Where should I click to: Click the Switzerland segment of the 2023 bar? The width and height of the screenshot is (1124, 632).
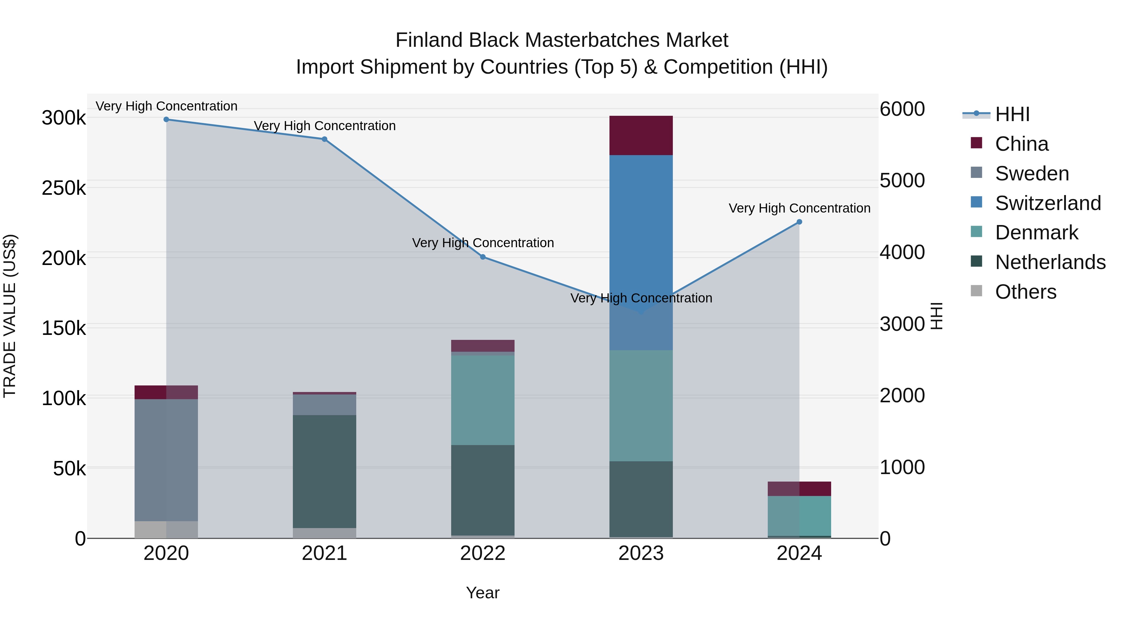point(641,227)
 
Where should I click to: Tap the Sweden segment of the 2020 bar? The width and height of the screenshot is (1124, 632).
point(166,460)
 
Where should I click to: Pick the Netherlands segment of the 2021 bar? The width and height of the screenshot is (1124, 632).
point(324,471)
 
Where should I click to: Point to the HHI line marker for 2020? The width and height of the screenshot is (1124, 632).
point(166,120)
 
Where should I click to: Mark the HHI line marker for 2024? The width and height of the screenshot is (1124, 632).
point(799,222)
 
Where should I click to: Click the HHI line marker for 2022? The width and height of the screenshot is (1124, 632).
point(483,257)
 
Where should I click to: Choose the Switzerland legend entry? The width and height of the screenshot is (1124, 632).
point(1048,203)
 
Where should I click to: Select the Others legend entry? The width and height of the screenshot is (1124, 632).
point(1025,292)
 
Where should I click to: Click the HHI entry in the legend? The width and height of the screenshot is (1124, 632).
point(1012,114)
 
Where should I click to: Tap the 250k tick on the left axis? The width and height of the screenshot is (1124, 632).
point(64,189)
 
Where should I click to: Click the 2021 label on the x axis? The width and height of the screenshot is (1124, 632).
point(324,553)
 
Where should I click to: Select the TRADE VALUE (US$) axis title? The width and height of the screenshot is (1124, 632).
point(10,316)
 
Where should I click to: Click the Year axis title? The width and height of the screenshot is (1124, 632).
point(483,593)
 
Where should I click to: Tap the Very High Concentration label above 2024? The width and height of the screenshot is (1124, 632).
point(799,208)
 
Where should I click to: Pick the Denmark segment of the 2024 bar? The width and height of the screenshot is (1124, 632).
point(799,516)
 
